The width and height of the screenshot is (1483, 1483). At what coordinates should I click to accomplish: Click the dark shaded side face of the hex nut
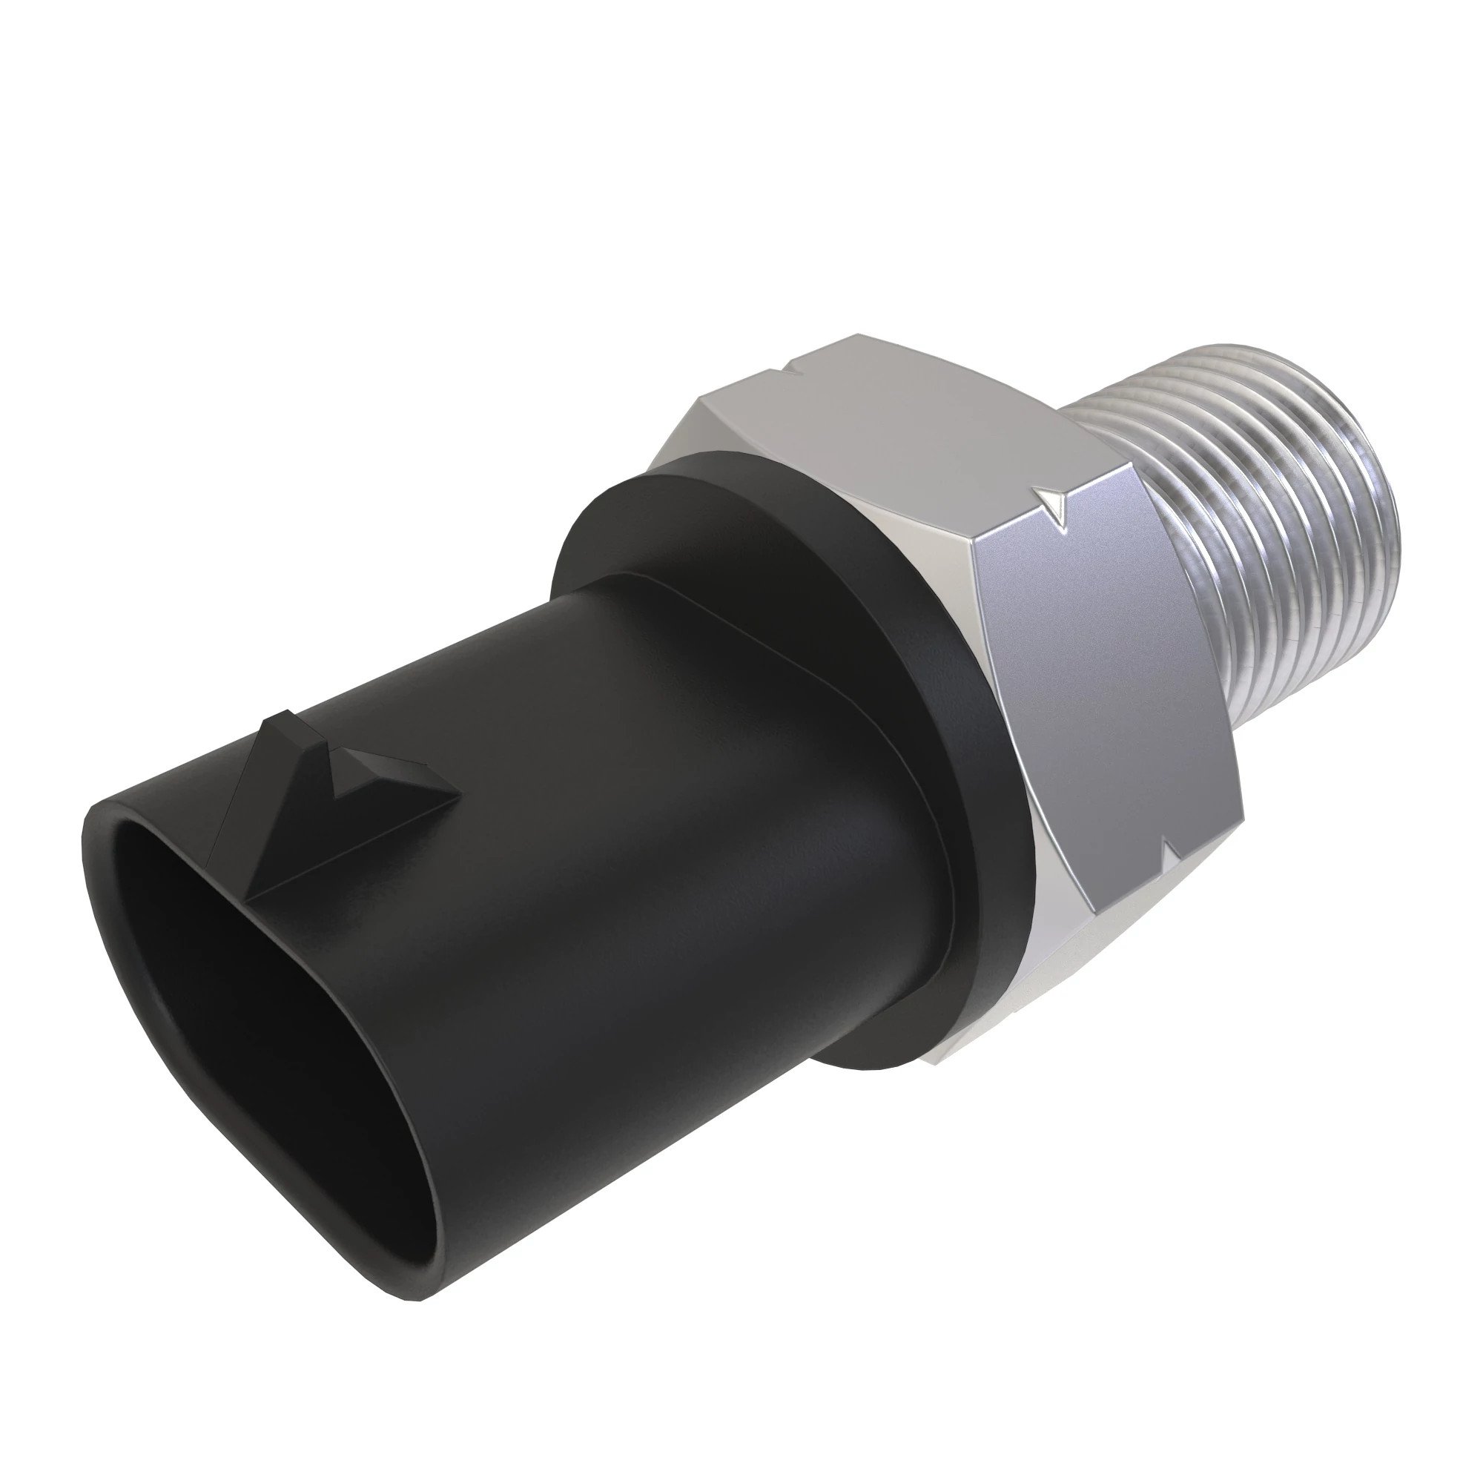click(x=1106, y=676)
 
